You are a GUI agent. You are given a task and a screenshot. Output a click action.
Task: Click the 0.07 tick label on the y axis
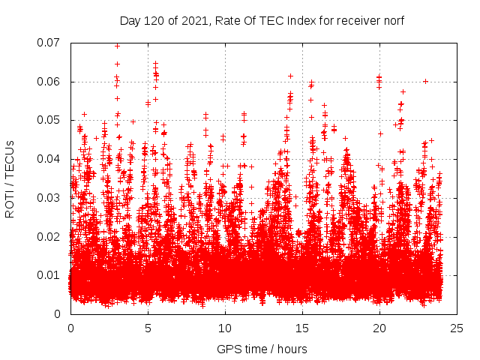[x=49, y=43]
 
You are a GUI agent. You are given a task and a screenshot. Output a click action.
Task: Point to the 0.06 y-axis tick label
[x=49, y=82]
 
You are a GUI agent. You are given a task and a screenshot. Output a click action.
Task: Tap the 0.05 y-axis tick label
[x=49, y=120]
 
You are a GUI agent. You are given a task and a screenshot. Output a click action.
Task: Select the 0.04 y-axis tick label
[x=49, y=159]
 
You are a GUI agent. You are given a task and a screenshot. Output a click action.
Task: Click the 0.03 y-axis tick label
[x=49, y=198]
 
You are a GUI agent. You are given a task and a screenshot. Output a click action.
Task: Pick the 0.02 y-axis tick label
[x=49, y=237]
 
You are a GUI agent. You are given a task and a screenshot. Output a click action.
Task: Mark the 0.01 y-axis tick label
[x=49, y=275]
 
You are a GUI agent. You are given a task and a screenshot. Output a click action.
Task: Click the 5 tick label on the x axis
[x=148, y=328]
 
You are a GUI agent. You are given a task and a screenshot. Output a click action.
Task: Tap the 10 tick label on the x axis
[x=225, y=328]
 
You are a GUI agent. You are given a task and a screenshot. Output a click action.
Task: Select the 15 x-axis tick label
[x=302, y=328]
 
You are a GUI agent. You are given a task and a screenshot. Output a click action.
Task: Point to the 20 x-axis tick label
[x=379, y=328]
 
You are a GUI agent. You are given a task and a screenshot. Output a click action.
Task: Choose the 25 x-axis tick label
[x=457, y=328]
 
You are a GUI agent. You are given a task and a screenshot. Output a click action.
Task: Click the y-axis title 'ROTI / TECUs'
[x=10, y=178]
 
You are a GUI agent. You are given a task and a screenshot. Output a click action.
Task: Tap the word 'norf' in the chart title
[x=392, y=21]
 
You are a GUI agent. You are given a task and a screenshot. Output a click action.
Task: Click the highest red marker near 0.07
[x=117, y=46]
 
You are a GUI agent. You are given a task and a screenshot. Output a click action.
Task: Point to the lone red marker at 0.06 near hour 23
[x=425, y=81]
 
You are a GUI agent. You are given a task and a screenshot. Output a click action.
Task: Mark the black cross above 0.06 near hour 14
[x=290, y=76]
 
